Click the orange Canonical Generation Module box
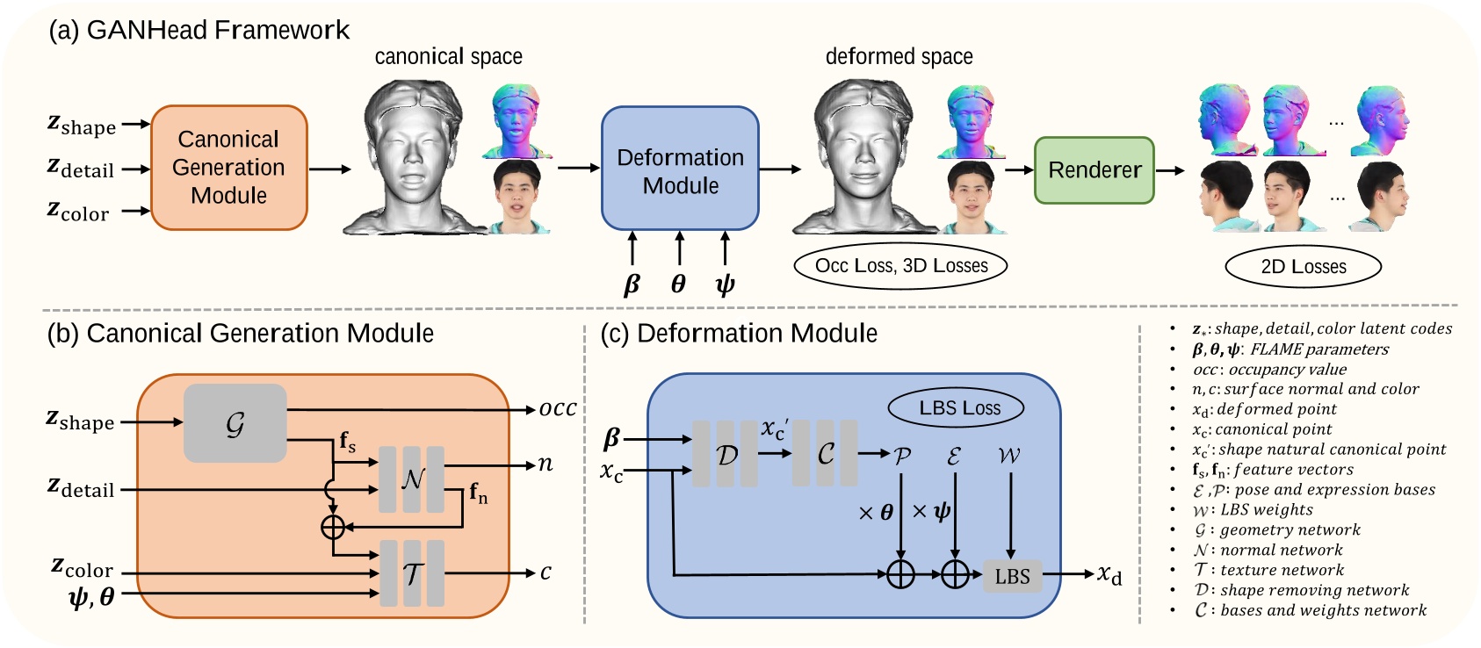[229, 168]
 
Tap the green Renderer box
[1094, 170]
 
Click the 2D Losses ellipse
[1303, 267]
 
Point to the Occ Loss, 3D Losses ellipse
[900, 266]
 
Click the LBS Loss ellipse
[959, 408]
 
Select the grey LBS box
[1012, 577]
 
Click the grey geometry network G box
[235, 424]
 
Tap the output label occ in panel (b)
[557, 409]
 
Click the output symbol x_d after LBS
[1109, 575]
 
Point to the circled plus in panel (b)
[333, 527]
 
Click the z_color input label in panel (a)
[78, 211]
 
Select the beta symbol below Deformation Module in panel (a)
[632, 284]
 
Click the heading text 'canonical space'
[448, 57]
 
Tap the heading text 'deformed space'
[899, 57]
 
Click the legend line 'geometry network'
[1277, 530]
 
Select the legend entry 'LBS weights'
[1253, 510]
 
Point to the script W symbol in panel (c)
[1009, 456]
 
